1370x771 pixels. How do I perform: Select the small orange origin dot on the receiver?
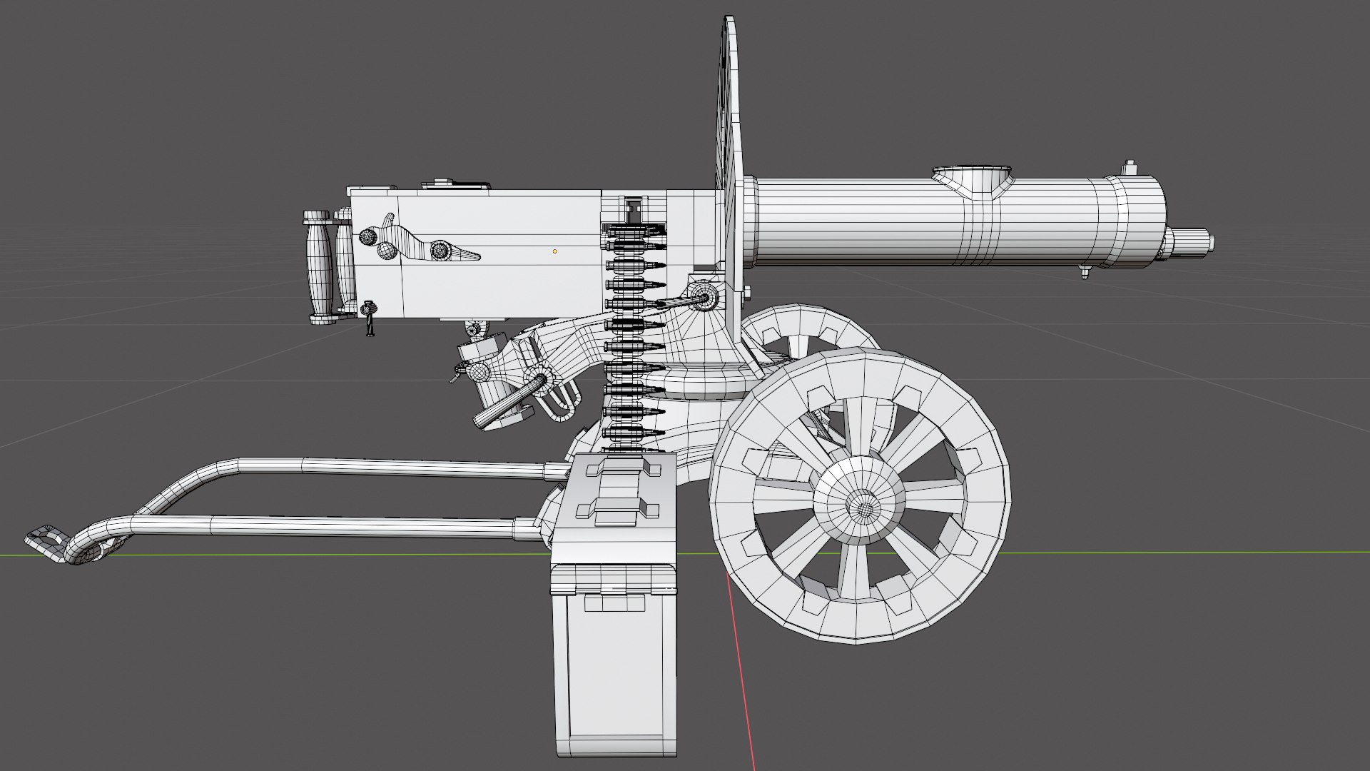click(554, 251)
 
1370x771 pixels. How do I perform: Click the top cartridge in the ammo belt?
click(635, 229)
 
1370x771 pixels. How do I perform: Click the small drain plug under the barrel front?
click(1085, 271)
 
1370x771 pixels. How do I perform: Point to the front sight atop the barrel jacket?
click(1130, 168)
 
